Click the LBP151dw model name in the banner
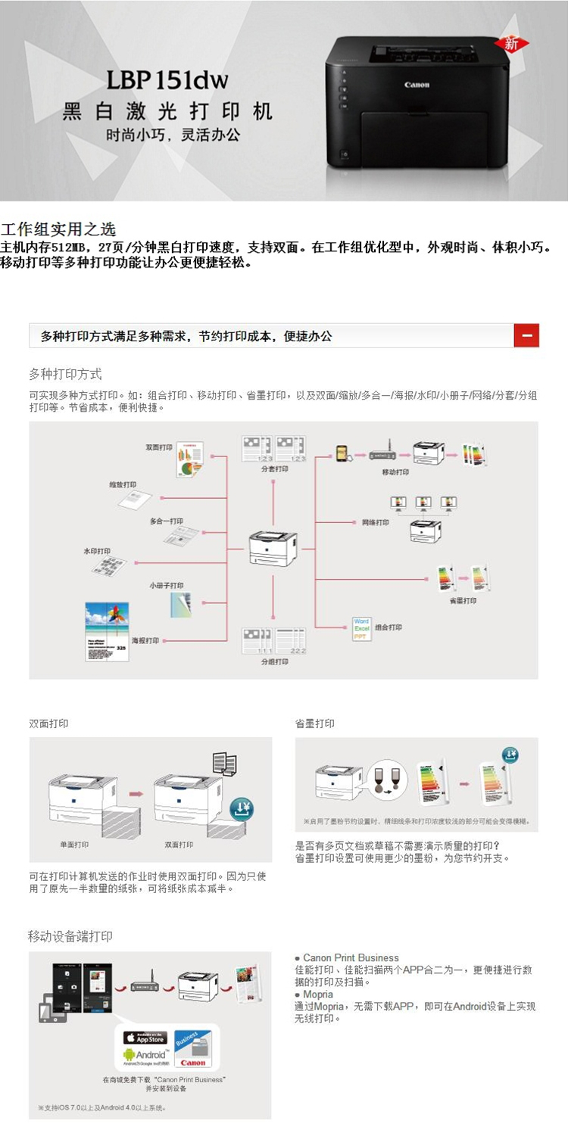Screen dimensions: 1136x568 tap(167, 80)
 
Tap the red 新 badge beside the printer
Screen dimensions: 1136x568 tap(512, 44)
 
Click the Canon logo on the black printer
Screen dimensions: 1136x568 tap(417, 85)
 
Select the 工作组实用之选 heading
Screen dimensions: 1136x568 tap(58, 230)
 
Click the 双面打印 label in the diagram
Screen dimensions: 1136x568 tap(159, 447)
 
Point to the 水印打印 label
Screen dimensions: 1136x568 tap(97, 551)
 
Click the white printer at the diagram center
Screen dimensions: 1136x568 tap(272, 547)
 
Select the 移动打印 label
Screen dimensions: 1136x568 tap(395, 472)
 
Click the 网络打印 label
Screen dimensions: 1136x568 tap(376, 522)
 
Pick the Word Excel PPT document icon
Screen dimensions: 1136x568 tap(361, 629)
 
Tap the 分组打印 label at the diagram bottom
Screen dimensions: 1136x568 tap(274, 661)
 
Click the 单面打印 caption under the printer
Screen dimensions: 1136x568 tap(74, 845)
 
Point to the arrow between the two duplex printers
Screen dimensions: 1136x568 tap(136, 794)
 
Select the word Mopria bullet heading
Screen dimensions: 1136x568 tap(318, 994)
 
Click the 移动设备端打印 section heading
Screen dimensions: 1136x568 tap(70, 936)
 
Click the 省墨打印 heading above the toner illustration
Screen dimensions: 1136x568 tap(315, 724)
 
